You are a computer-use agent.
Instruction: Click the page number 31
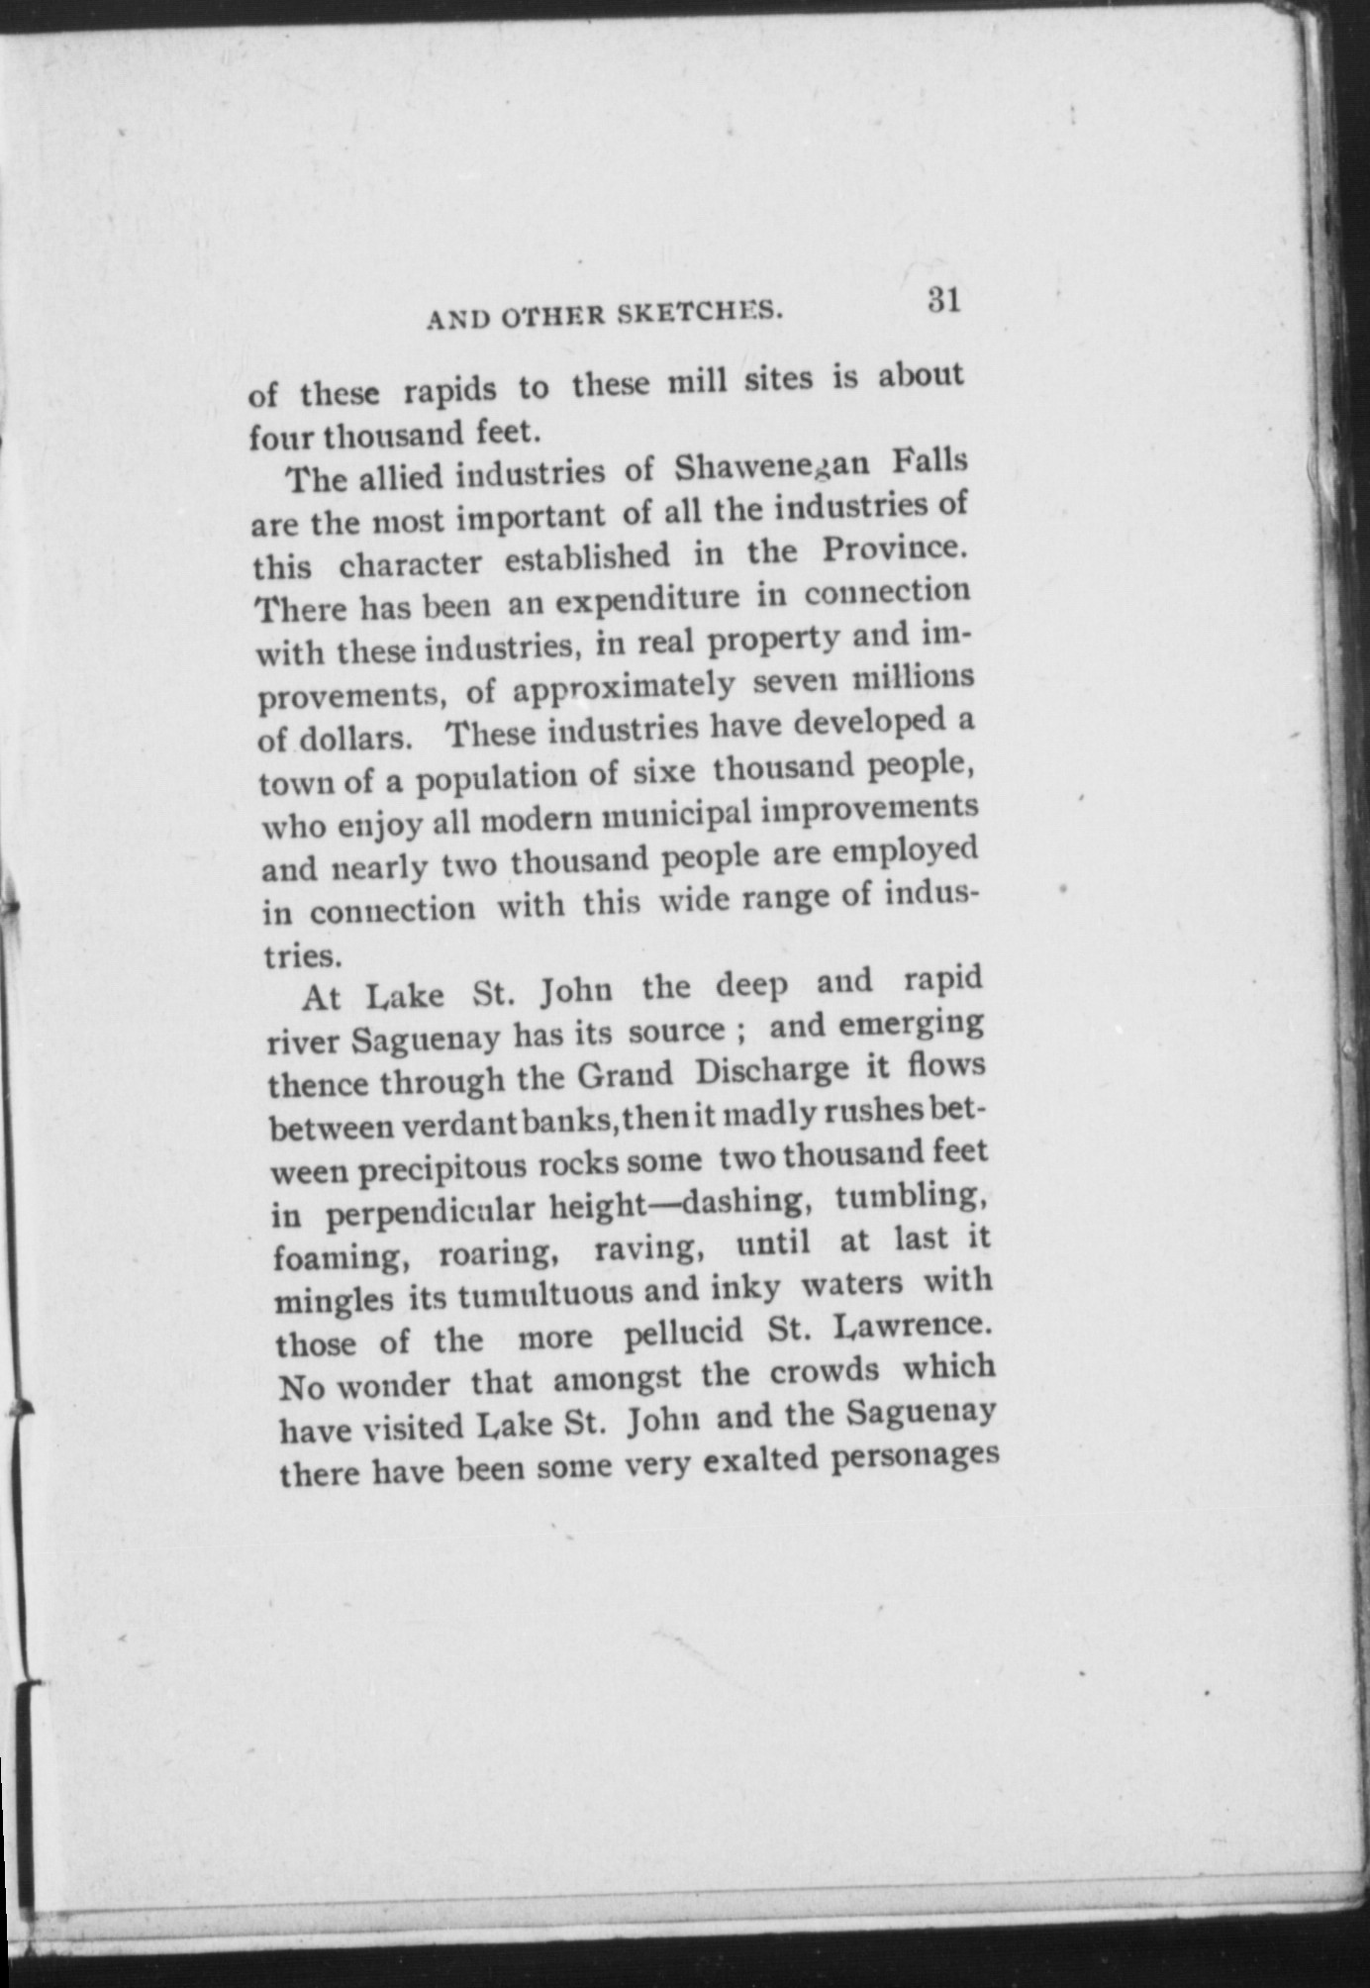click(x=944, y=300)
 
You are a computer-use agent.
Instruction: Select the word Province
click(x=893, y=547)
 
